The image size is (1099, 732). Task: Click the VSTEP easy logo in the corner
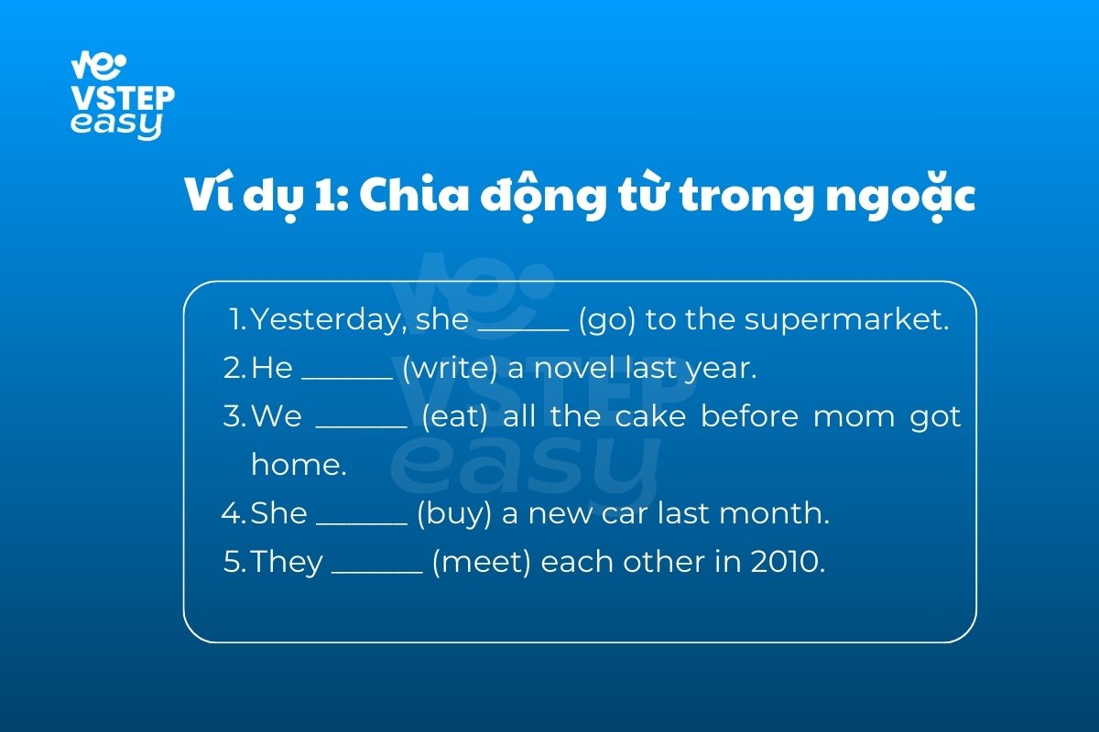[x=123, y=95]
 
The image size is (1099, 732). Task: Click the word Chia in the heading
[x=414, y=194]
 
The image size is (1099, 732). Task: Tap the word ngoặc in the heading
[x=901, y=196]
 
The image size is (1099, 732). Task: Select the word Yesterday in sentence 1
[x=329, y=320]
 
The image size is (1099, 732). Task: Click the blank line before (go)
[x=524, y=330]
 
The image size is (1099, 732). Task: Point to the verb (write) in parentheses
[x=450, y=368]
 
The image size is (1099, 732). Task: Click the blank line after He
[x=347, y=378]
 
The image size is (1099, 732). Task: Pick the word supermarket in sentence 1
[x=846, y=320]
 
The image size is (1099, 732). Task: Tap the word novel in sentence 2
[x=574, y=367]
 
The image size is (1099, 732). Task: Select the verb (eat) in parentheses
[x=454, y=416]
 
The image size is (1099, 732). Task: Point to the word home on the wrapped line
[x=299, y=464]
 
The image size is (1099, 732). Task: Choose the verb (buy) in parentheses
[x=454, y=514]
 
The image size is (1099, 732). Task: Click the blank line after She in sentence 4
[x=362, y=523]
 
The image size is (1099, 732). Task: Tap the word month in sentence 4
[x=774, y=512]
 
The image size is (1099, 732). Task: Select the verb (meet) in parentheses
[x=482, y=562]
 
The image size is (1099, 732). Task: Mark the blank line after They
[x=376, y=572]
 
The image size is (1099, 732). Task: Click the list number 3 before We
[x=232, y=416]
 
